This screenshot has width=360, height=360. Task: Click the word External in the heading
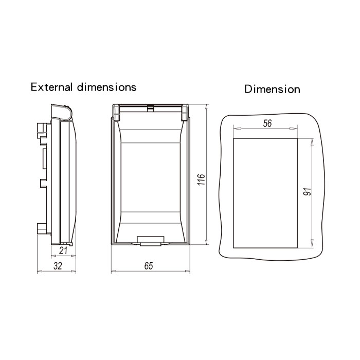[x=53, y=87]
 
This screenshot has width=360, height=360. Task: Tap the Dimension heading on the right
[x=272, y=89]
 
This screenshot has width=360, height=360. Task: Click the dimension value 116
[x=202, y=179]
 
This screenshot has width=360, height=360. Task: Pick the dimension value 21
[x=63, y=250]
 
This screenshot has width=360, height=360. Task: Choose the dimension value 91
[x=307, y=193]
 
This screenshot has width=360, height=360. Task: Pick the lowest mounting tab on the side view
[x=42, y=227]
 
